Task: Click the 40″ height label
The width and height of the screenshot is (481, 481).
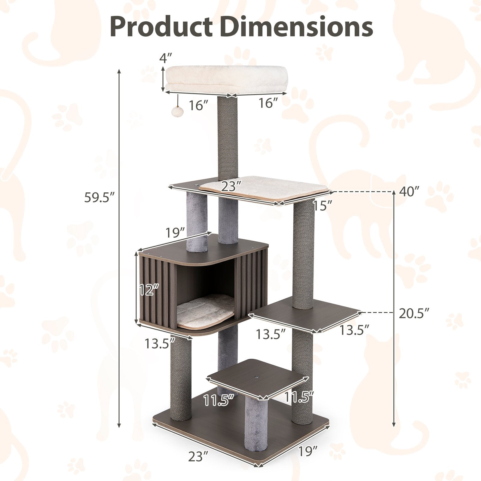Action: [409, 191]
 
